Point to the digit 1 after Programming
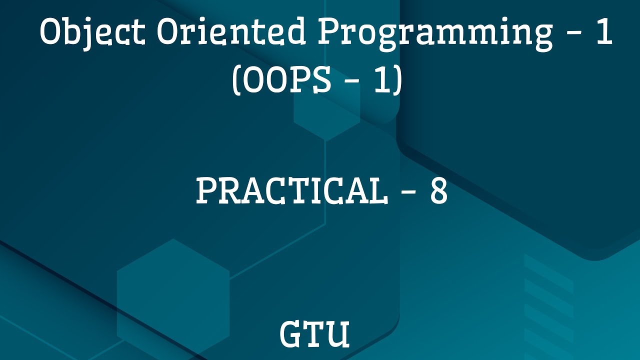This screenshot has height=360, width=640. click(604, 33)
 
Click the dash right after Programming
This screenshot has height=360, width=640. click(574, 35)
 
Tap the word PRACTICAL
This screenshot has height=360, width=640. click(291, 191)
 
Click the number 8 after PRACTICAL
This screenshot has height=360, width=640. click(438, 191)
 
